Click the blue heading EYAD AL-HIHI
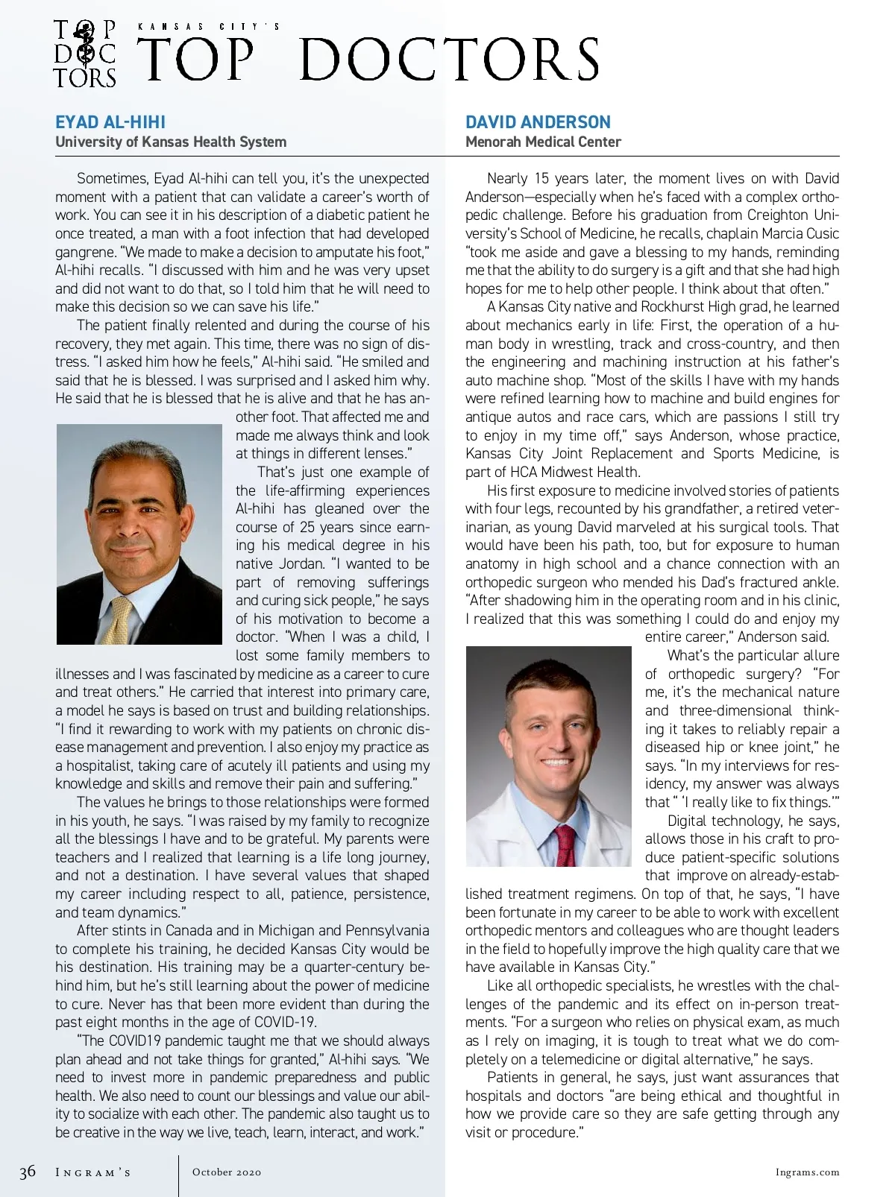pos(110,122)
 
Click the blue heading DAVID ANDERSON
pos(538,122)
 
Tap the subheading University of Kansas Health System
pos(171,142)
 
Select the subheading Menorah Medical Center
pos(543,142)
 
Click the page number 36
pos(28,1172)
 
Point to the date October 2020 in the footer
pos(227,1172)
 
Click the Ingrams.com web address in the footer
pos(807,1172)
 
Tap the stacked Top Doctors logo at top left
pos(85,54)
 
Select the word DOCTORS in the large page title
pos(450,60)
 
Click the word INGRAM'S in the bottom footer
pos(93,1172)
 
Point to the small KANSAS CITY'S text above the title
pos(209,27)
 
